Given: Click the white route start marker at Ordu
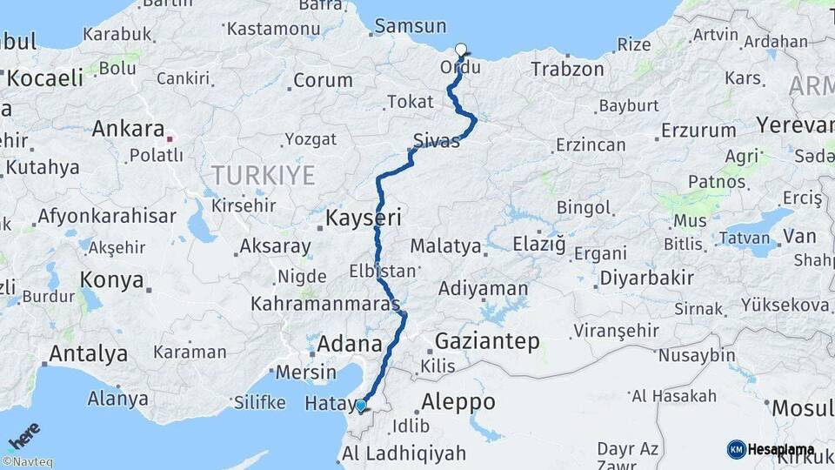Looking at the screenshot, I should [461, 50].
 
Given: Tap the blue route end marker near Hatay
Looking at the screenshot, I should [361, 406].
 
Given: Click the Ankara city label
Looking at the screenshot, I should [128, 129].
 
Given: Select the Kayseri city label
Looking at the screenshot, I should [363, 218].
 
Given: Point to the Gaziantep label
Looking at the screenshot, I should [486, 340].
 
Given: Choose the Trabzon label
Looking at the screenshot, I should [567, 69].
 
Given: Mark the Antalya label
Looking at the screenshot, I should [88, 354].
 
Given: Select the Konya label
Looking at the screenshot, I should [111, 280].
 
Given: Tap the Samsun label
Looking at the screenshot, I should [411, 26].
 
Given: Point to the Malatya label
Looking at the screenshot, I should [445, 246].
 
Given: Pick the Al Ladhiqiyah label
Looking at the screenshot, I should [404, 453].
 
